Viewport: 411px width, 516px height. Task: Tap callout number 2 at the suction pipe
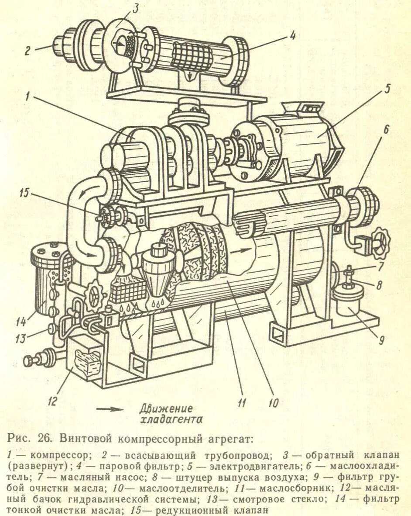27,51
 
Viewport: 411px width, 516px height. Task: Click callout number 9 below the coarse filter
381,339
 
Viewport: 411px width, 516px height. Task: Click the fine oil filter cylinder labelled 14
46,280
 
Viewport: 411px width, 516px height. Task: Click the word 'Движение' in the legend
166,409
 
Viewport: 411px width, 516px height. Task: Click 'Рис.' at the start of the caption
18,437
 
